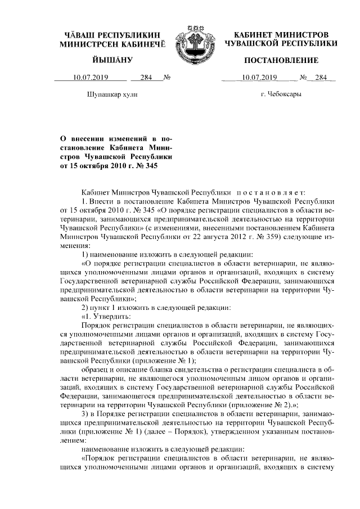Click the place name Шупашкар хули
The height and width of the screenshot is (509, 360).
(112, 94)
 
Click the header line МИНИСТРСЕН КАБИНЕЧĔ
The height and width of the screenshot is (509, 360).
(112, 43)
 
